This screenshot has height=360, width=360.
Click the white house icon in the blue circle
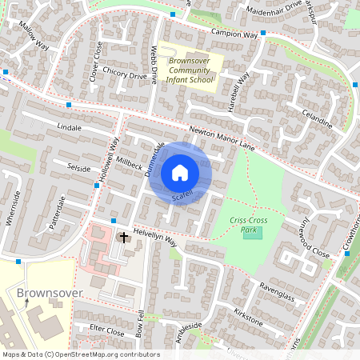[x=180, y=172]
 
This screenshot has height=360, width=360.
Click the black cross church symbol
[x=124, y=237]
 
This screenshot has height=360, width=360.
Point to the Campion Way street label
[x=234, y=34]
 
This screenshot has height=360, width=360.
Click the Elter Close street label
[x=107, y=330]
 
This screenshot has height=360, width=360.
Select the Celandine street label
[x=314, y=122]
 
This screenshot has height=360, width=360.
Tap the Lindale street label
[x=70, y=127]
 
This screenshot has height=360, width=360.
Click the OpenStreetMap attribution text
[x=80, y=354]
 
